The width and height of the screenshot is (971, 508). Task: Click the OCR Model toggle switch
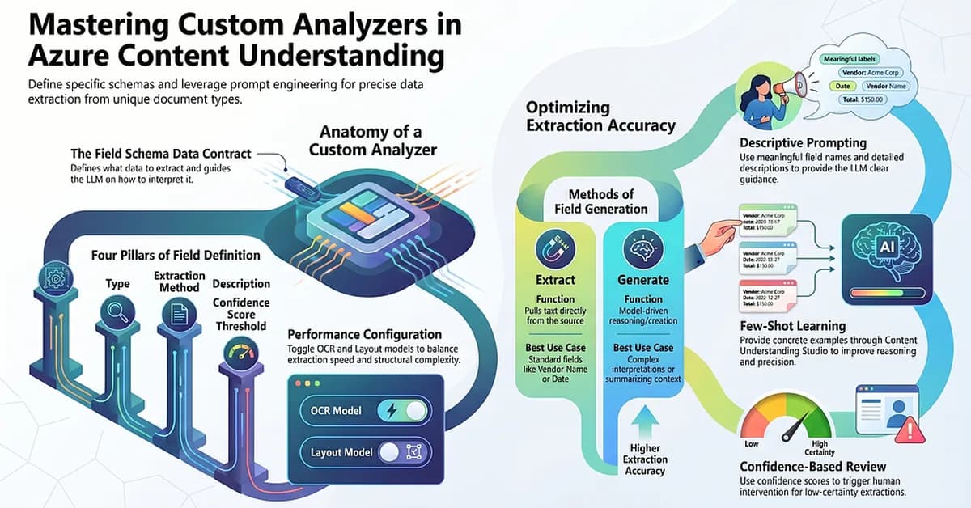[402, 412]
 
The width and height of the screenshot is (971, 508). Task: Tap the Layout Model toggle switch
[402, 452]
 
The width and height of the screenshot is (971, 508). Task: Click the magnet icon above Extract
[555, 248]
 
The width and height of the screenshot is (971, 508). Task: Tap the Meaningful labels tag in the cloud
[852, 59]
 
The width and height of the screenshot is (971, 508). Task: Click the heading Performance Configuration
[365, 334]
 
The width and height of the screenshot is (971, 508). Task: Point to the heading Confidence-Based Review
[813, 467]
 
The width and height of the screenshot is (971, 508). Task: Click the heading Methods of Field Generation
[600, 201]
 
